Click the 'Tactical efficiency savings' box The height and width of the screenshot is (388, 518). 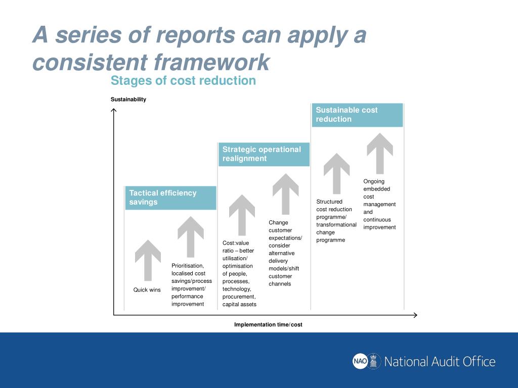(x=170, y=198)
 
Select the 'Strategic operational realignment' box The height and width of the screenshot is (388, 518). (x=264, y=154)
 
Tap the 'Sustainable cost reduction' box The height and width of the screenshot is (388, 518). (x=357, y=115)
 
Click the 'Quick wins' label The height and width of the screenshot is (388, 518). (x=147, y=290)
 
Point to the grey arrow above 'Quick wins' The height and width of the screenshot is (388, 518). (x=148, y=260)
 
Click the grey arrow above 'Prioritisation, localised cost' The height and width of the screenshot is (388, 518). (x=191, y=236)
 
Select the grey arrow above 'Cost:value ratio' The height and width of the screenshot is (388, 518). (x=242, y=215)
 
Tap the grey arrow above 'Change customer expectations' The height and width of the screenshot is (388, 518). (x=286, y=193)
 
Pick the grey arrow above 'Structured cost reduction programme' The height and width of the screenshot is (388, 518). (x=336, y=173)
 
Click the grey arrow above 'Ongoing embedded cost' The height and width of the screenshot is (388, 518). (x=380, y=153)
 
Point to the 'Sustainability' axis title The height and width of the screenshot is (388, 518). (x=128, y=100)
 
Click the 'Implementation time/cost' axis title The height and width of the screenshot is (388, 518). (x=268, y=324)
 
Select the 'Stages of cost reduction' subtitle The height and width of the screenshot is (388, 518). (x=183, y=81)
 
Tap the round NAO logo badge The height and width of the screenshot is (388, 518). (x=360, y=361)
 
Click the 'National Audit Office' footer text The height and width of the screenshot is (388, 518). (x=440, y=362)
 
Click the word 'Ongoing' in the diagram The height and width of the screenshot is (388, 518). (x=374, y=181)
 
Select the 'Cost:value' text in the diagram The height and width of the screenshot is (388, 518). (x=236, y=243)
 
